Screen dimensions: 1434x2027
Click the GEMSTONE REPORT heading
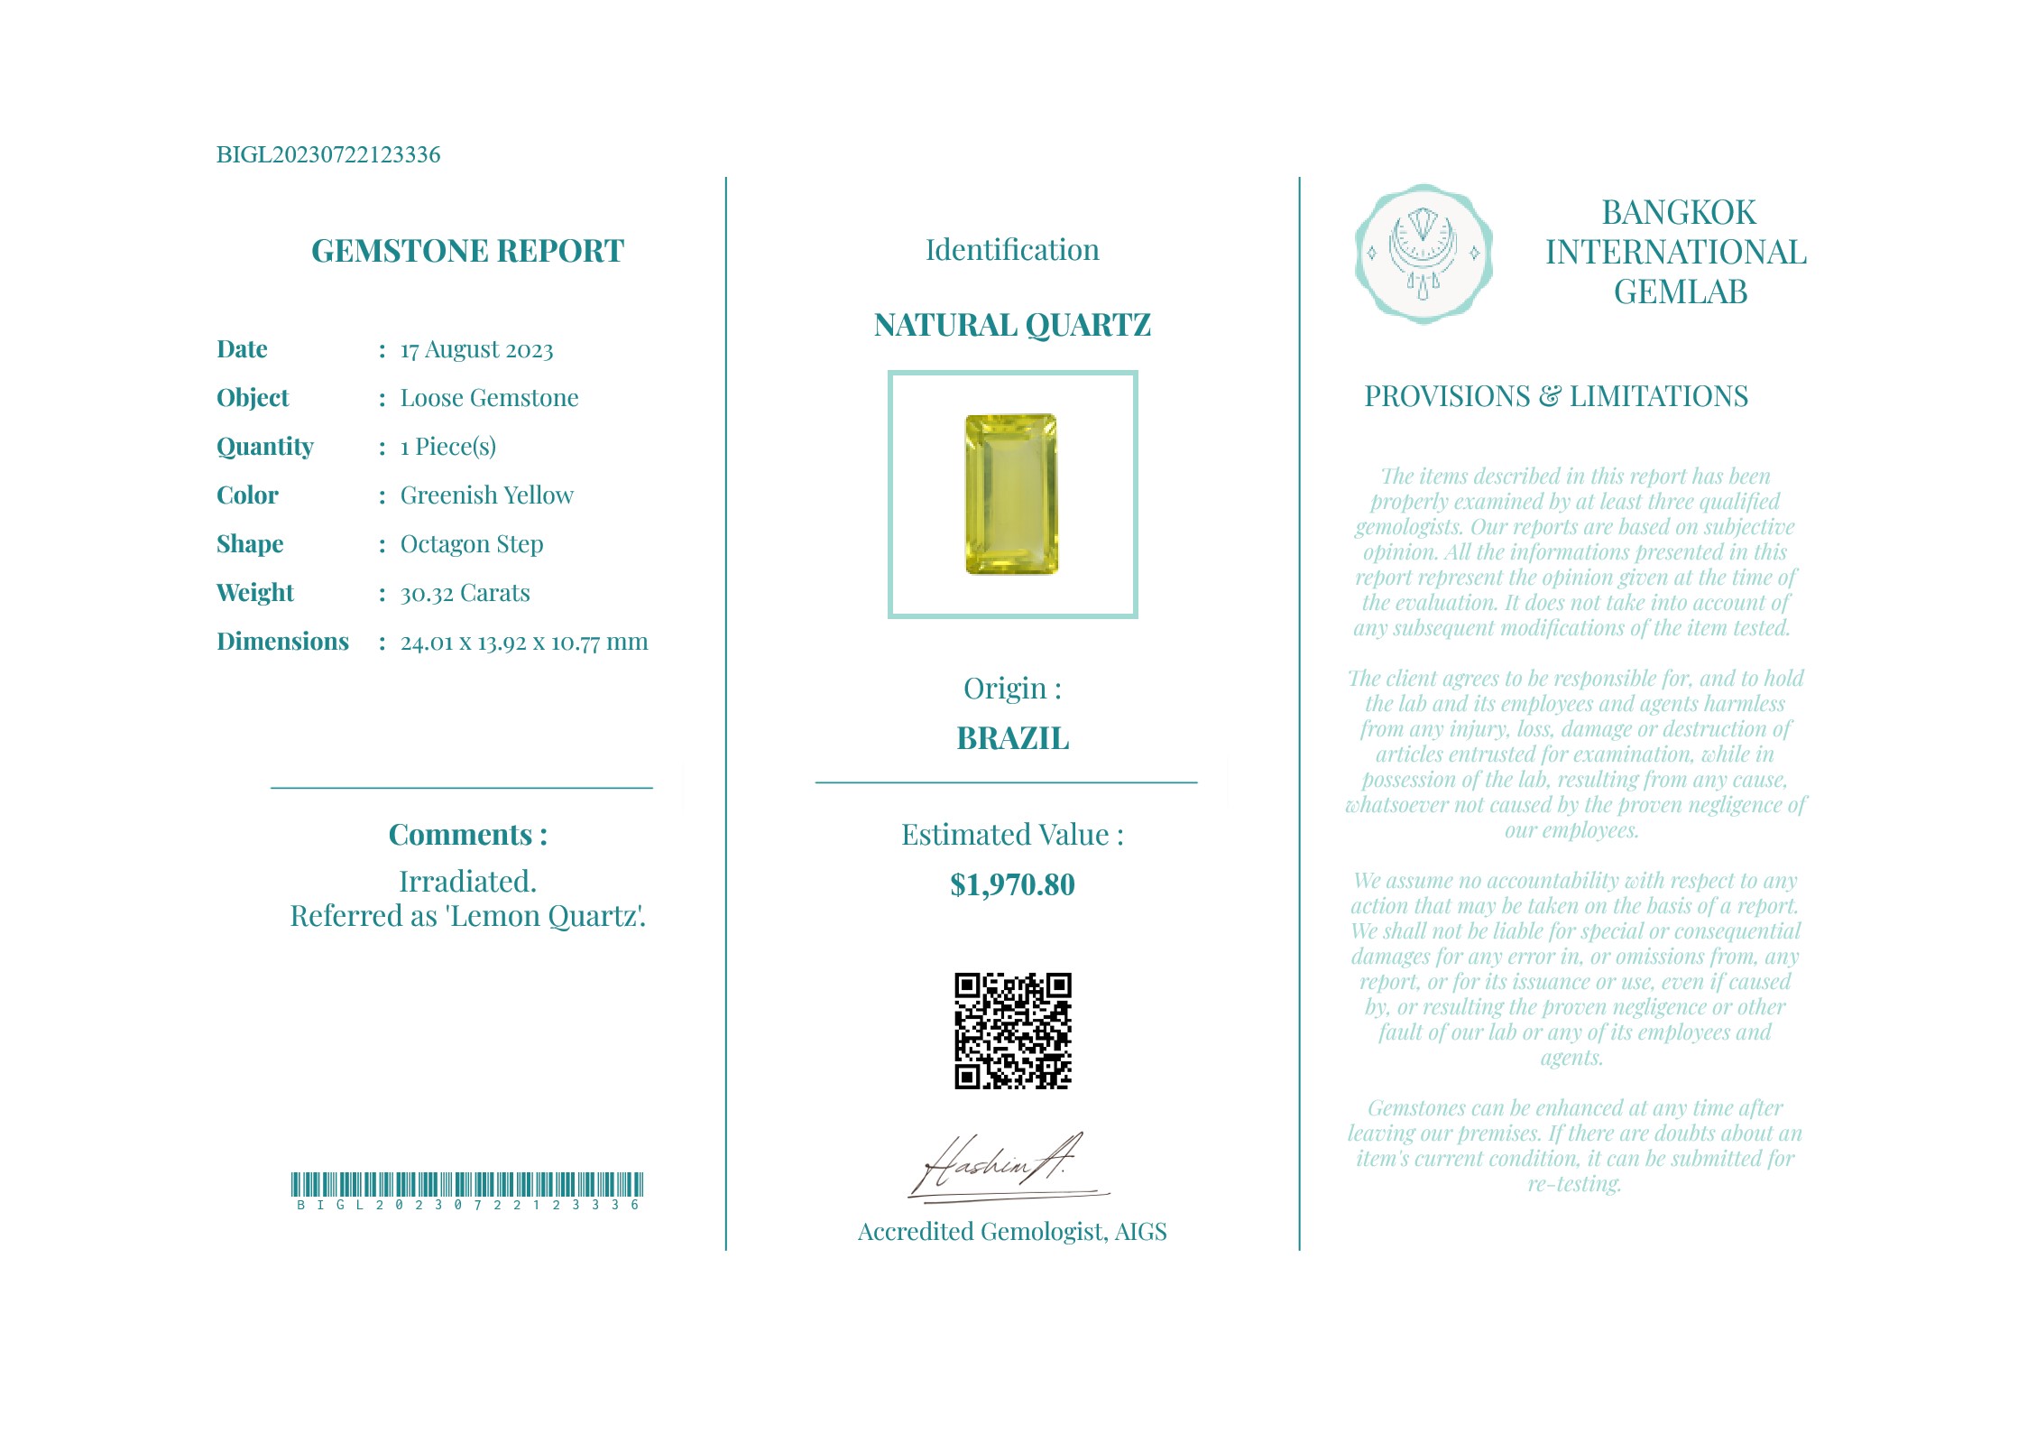(x=467, y=251)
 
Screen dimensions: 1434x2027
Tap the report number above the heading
(x=328, y=154)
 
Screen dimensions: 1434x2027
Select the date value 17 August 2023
(x=476, y=350)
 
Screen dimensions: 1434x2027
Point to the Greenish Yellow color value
(x=486, y=495)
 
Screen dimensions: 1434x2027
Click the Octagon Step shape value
(x=471, y=544)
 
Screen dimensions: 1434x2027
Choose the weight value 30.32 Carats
(x=465, y=593)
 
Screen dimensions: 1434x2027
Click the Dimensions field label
(x=282, y=642)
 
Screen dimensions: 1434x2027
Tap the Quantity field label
(x=264, y=447)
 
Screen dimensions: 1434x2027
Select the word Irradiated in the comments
(x=467, y=882)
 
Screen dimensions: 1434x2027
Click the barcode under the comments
(x=467, y=1185)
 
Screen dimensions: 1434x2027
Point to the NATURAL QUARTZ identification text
(x=1012, y=325)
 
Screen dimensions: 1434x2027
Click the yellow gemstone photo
(x=1011, y=495)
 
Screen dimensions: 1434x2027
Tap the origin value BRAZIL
(x=1012, y=738)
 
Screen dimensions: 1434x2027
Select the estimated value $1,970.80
(x=1012, y=884)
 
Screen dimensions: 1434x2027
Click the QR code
(x=1012, y=1031)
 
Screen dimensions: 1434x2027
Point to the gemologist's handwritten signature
(x=1001, y=1166)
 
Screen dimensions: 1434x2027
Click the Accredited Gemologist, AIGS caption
(x=1012, y=1232)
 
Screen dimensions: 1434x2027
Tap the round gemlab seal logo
(x=1424, y=254)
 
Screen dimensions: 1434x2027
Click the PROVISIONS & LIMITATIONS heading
(x=1556, y=396)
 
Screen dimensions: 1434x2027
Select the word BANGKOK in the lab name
(x=1678, y=213)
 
